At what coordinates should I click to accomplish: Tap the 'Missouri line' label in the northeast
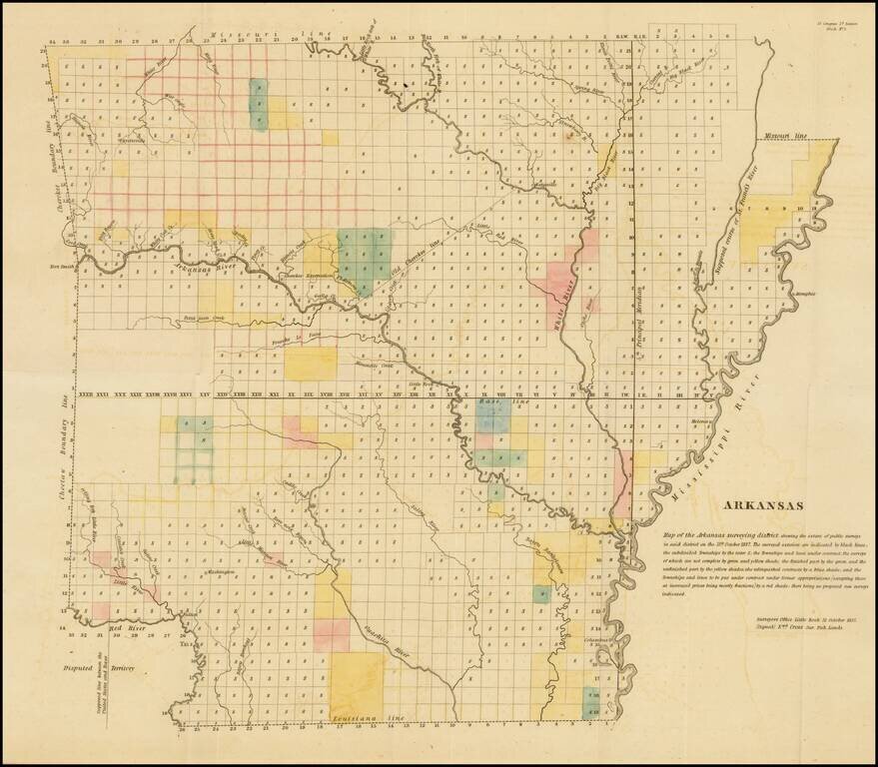click(x=786, y=134)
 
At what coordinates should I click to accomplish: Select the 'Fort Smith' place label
click(x=62, y=267)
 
